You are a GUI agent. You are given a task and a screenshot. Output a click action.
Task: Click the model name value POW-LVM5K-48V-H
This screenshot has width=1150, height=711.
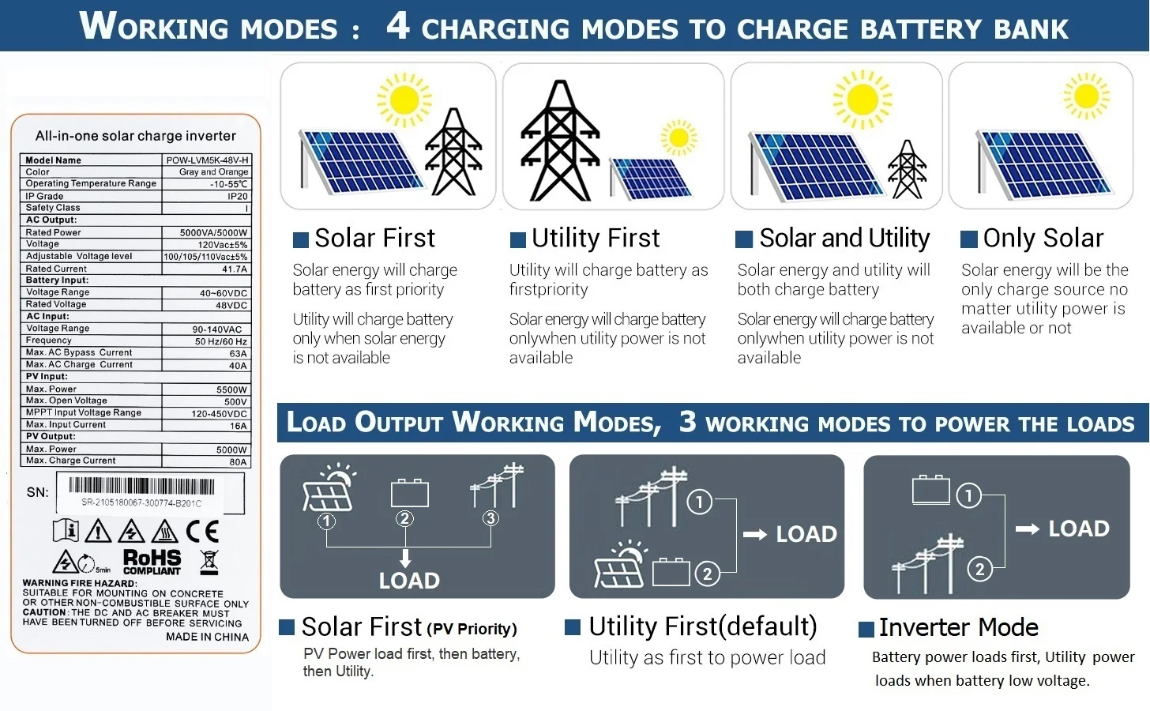[207, 160]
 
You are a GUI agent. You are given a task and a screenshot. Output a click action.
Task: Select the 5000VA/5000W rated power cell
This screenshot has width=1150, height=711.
[213, 233]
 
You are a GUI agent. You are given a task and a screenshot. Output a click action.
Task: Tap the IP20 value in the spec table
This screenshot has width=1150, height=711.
[238, 196]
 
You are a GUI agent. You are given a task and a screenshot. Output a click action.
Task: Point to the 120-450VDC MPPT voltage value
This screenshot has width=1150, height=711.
[219, 413]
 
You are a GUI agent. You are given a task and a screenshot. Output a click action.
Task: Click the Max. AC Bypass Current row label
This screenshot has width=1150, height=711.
[79, 352]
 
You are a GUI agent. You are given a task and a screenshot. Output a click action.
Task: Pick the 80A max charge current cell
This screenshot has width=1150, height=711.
[238, 461]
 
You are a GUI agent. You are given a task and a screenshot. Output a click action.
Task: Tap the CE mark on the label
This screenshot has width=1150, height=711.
[202, 531]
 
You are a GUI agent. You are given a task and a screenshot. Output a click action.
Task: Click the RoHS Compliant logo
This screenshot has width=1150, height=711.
[152, 562]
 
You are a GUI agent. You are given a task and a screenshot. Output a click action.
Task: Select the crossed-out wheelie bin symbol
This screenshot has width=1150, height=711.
[209, 562]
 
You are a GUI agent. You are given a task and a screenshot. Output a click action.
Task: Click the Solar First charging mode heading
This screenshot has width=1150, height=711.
[374, 238]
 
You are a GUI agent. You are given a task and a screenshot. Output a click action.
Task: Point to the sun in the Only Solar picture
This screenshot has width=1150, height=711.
[1086, 96]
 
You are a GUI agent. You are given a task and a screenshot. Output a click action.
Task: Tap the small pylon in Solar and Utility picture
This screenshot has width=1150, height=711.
[907, 169]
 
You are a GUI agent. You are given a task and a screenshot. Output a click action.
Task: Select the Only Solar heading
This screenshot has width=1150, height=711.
[1043, 238]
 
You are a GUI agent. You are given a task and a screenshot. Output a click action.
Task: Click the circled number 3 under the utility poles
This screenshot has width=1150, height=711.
[490, 518]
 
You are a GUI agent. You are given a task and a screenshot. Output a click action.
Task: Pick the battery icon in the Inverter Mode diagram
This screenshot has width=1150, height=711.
[930, 490]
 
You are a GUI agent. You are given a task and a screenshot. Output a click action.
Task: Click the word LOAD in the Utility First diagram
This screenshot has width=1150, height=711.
[806, 534]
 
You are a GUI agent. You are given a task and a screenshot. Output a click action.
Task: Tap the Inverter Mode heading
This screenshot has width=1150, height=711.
[958, 627]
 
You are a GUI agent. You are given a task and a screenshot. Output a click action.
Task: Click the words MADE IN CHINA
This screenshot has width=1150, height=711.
[207, 637]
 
